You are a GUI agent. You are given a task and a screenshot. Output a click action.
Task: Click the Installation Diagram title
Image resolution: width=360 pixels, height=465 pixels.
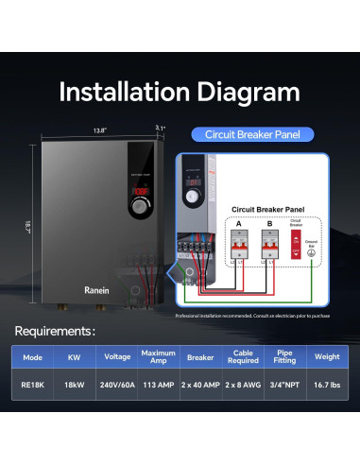tap(180, 92)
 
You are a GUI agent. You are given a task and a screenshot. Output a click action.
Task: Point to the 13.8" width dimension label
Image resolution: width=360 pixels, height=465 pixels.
tap(99, 129)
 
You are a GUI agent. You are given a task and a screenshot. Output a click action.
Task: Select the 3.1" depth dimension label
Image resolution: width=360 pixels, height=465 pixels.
tap(160, 129)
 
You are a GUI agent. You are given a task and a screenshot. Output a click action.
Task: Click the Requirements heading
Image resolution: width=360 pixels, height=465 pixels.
tap(54, 332)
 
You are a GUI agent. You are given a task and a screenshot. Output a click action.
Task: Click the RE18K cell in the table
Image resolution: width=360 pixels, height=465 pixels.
tap(35, 386)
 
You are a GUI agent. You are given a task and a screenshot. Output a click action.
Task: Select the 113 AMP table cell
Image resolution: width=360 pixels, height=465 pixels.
tap(158, 386)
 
